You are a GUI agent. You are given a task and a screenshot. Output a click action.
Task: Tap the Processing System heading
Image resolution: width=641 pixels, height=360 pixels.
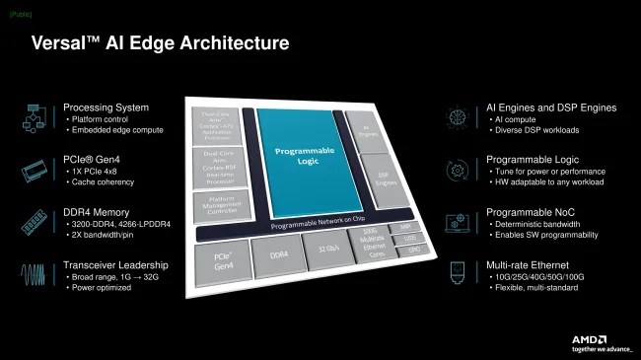[106, 108]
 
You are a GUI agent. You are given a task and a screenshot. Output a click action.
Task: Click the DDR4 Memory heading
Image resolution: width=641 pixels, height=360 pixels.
[98, 210]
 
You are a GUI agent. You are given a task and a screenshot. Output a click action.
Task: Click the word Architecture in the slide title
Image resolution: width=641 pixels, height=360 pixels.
[229, 43]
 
